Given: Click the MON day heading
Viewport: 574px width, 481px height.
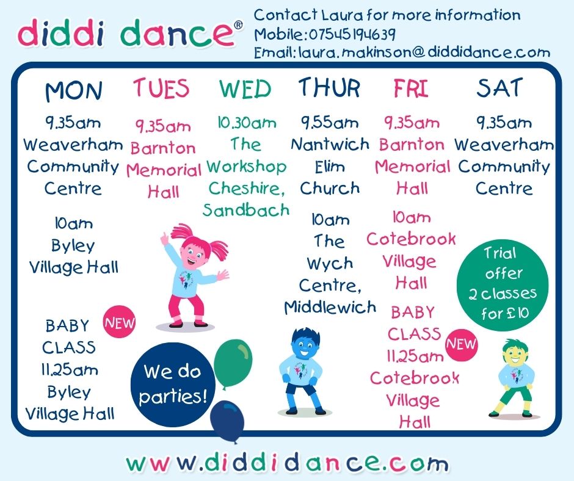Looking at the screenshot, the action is click(x=73, y=91).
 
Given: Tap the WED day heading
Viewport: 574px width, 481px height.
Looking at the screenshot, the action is click(x=245, y=89).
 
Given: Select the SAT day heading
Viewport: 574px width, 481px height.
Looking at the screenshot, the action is click(x=500, y=88).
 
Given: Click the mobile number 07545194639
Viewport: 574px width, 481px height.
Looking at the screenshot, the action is click(x=352, y=34).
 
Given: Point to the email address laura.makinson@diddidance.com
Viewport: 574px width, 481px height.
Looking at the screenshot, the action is click(x=424, y=52).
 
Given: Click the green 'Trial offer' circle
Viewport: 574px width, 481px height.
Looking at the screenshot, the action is click(x=503, y=284).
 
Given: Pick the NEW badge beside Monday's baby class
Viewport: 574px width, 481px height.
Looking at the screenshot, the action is click(x=119, y=322).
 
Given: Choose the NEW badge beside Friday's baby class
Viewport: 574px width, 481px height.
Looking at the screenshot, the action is click(x=461, y=344).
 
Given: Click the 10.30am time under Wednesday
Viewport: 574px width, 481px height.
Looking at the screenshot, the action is click(x=247, y=123).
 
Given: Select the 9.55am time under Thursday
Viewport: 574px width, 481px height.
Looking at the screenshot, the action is click(x=329, y=122).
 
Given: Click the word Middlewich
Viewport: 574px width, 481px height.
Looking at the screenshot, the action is click(x=330, y=307).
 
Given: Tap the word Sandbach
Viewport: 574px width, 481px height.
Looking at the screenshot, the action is click(x=246, y=210).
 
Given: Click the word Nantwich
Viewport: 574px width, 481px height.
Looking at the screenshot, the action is click(x=330, y=144).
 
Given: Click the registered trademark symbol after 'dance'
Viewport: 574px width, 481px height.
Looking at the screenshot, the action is click(x=238, y=25).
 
